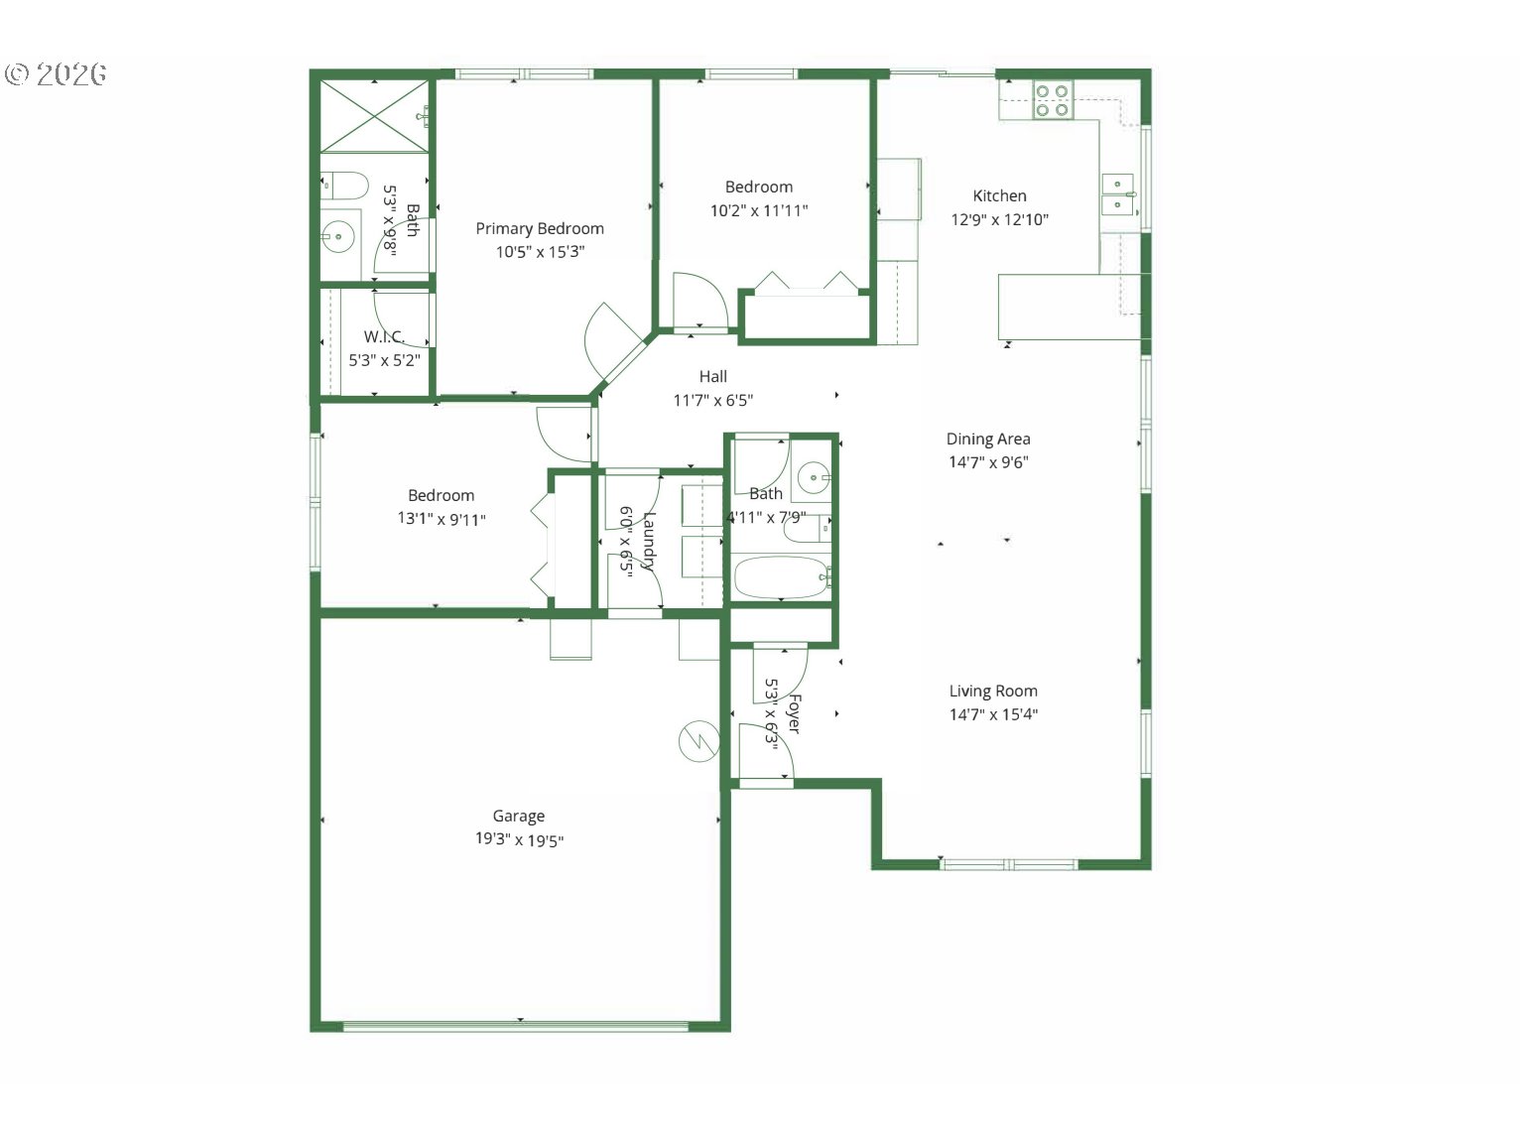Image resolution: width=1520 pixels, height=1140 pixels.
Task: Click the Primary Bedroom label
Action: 540,228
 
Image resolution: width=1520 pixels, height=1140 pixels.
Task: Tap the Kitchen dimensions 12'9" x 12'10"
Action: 999,220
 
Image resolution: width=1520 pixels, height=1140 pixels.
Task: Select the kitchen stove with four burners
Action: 1052,100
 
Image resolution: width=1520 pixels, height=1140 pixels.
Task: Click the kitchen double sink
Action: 1117,194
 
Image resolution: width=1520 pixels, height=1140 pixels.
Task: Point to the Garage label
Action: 519,817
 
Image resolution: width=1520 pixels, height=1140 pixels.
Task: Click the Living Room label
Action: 993,691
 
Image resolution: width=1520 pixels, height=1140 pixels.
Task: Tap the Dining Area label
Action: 988,439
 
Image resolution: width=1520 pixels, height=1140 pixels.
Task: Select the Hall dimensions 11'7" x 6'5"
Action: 713,400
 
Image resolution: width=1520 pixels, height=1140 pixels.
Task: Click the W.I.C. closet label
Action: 384,337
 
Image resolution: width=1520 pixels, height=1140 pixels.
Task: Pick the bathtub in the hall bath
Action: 781,577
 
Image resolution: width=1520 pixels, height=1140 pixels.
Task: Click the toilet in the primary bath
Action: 344,186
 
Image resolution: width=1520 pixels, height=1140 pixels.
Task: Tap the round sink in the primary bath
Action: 338,237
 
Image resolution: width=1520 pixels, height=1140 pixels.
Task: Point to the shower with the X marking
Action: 374,116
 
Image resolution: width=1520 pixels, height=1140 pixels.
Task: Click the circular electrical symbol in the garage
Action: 699,741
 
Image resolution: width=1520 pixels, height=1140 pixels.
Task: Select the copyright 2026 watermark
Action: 56,74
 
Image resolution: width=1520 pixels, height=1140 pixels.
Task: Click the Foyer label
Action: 795,713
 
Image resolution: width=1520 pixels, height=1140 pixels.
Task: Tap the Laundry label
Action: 649,541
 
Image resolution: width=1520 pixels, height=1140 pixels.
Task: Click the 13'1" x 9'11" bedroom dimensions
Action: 442,519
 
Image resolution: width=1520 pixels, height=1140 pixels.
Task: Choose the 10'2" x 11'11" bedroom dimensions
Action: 759,210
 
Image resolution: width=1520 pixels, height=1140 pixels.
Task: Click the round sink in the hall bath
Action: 814,477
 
